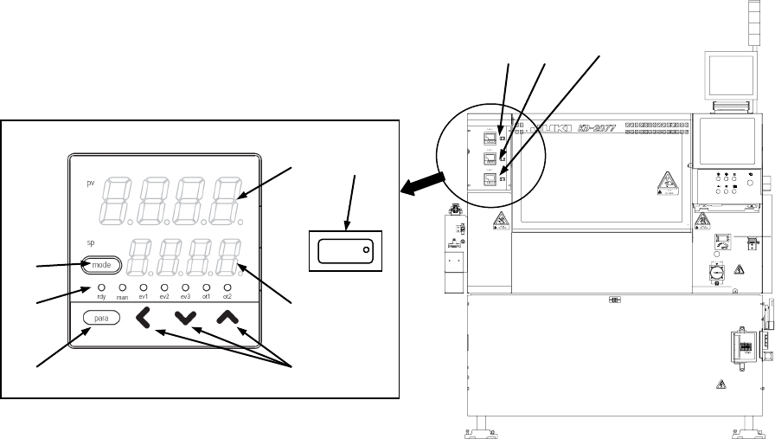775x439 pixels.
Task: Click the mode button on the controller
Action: coord(102,266)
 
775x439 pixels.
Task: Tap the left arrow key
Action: coord(143,319)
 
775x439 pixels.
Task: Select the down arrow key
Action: coord(184,319)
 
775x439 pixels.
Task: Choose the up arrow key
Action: coord(227,319)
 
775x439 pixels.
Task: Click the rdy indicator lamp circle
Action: coord(101,287)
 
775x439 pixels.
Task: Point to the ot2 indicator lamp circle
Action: coord(227,287)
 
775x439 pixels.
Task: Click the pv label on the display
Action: coord(90,184)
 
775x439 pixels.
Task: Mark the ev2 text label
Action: coord(164,297)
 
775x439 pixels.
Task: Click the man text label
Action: coord(122,297)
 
